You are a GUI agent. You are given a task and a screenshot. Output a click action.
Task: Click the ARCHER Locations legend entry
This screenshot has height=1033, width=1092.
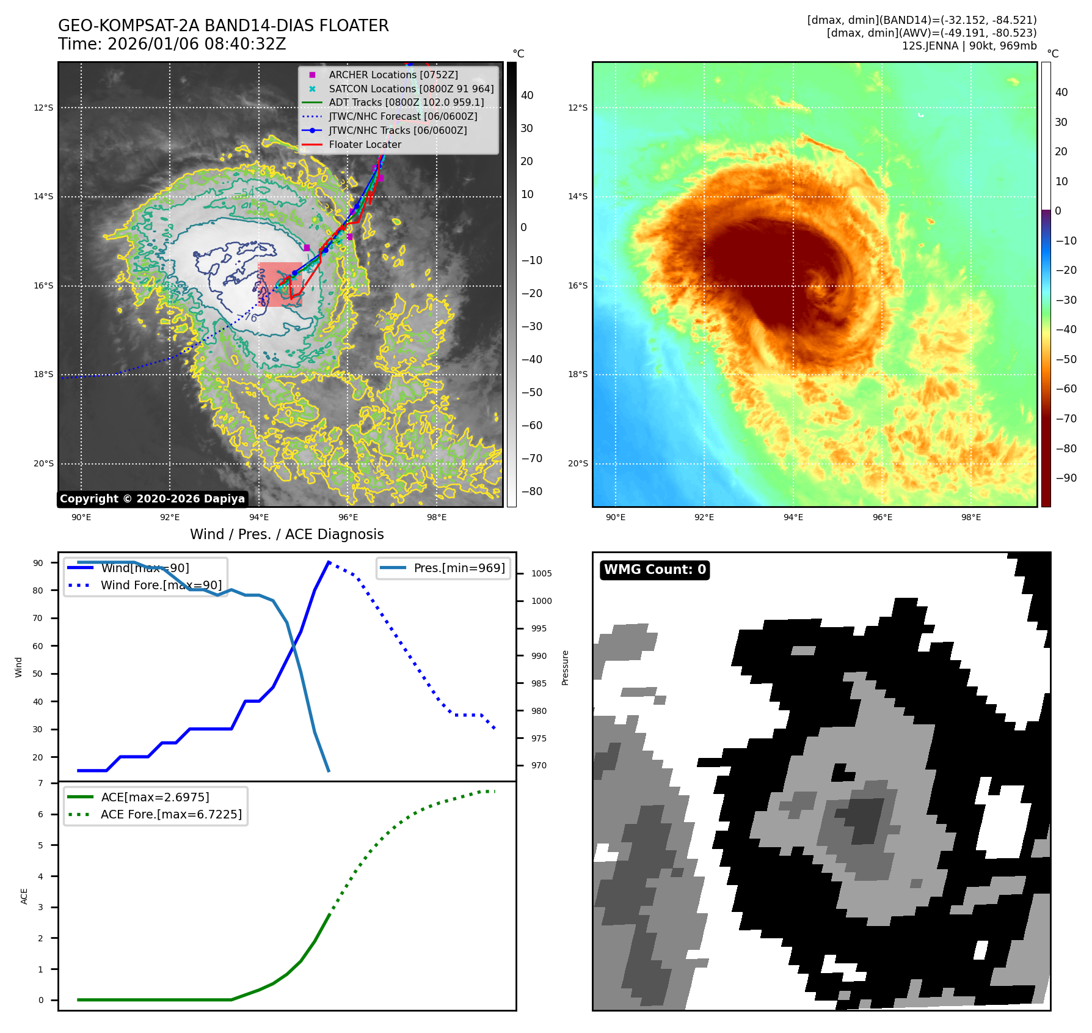[393, 75]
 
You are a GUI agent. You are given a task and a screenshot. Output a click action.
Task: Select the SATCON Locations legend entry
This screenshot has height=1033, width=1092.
[410, 89]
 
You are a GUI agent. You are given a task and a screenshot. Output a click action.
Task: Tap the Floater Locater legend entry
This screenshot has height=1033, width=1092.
[365, 144]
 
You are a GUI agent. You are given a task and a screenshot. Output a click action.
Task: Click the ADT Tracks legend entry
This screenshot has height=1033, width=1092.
[406, 103]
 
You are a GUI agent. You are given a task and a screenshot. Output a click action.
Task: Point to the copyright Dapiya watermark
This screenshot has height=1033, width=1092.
[152, 499]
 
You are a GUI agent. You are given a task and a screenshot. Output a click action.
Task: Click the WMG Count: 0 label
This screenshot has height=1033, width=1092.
[655, 570]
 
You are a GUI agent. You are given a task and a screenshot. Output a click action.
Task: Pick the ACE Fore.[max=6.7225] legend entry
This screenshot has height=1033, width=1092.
[171, 814]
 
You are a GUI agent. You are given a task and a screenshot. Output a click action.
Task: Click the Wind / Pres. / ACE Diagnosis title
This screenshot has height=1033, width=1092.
[286, 534]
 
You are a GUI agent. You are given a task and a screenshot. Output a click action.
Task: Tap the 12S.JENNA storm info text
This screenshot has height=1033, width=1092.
[969, 46]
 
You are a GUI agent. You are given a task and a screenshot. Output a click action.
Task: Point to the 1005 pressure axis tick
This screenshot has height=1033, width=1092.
[541, 573]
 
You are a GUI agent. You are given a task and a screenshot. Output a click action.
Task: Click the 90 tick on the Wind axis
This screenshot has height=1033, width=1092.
[38, 563]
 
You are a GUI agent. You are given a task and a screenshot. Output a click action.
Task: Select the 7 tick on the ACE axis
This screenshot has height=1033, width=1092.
[41, 783]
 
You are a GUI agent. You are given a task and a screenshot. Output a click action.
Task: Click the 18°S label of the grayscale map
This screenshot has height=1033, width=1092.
[43, 375]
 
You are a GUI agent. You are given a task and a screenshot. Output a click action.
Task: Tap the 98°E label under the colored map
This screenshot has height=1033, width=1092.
[970, 517]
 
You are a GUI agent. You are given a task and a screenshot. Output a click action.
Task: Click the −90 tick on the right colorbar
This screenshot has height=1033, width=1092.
[1066, 478]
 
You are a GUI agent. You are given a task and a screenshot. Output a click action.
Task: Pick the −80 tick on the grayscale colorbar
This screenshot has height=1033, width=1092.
[531, 491]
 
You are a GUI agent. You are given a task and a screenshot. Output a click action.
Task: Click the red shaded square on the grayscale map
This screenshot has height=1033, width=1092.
[280, 284]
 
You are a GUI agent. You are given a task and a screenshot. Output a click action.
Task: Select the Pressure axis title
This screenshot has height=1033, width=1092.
[565, 667]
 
